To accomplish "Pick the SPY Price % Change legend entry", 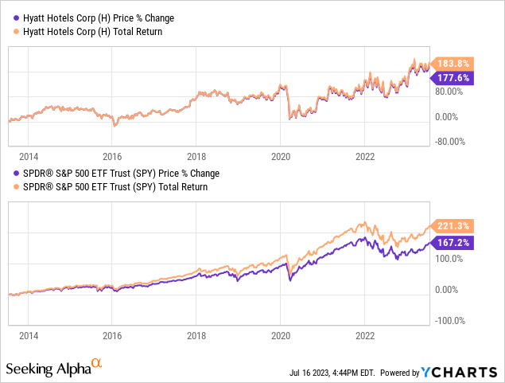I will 117,173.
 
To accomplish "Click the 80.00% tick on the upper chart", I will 450,91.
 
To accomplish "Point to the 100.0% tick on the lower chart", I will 449,259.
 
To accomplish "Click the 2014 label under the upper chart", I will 28,156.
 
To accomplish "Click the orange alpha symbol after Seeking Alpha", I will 97,364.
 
